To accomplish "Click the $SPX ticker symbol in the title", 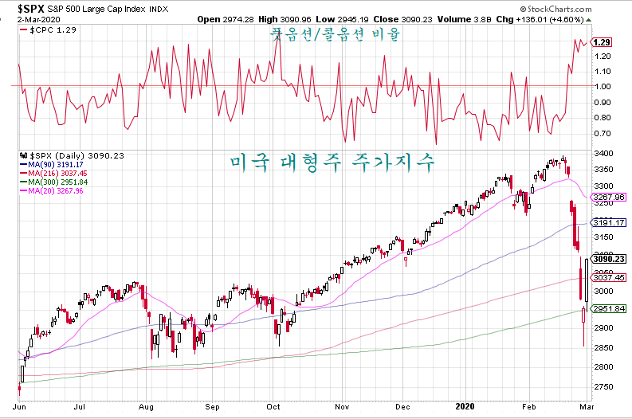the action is click(x=30, y=9).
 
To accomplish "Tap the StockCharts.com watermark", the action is click(x=555, y=9).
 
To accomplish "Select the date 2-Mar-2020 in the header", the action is click(x=39, y=19).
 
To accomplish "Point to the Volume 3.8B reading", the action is click(x=465, y=19).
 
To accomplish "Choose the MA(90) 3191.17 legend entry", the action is click(x=52, y=164).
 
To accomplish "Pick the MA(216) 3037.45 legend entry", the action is click(x=53, y=173).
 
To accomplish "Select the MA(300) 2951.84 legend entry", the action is click(x=53, y=182).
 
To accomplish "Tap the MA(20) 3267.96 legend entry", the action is click(x=52, y=191).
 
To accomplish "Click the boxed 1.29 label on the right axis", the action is click(x=602, y=42).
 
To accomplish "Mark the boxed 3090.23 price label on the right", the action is click(x=609, y=259).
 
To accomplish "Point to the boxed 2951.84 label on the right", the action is click(x=609, y=309).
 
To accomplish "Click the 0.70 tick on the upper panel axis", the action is click(x=603, y=133).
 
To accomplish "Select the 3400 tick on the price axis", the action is click(x=603, y=154).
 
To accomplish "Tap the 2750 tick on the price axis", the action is click(x=603, y=387).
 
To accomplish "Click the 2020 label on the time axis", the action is click(x=465, y=406).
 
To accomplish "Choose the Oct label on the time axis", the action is click(x=273, y=406).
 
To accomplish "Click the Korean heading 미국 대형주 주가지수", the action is click(x=332, y=163).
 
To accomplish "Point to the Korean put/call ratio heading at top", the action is click(x=336, y=34).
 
